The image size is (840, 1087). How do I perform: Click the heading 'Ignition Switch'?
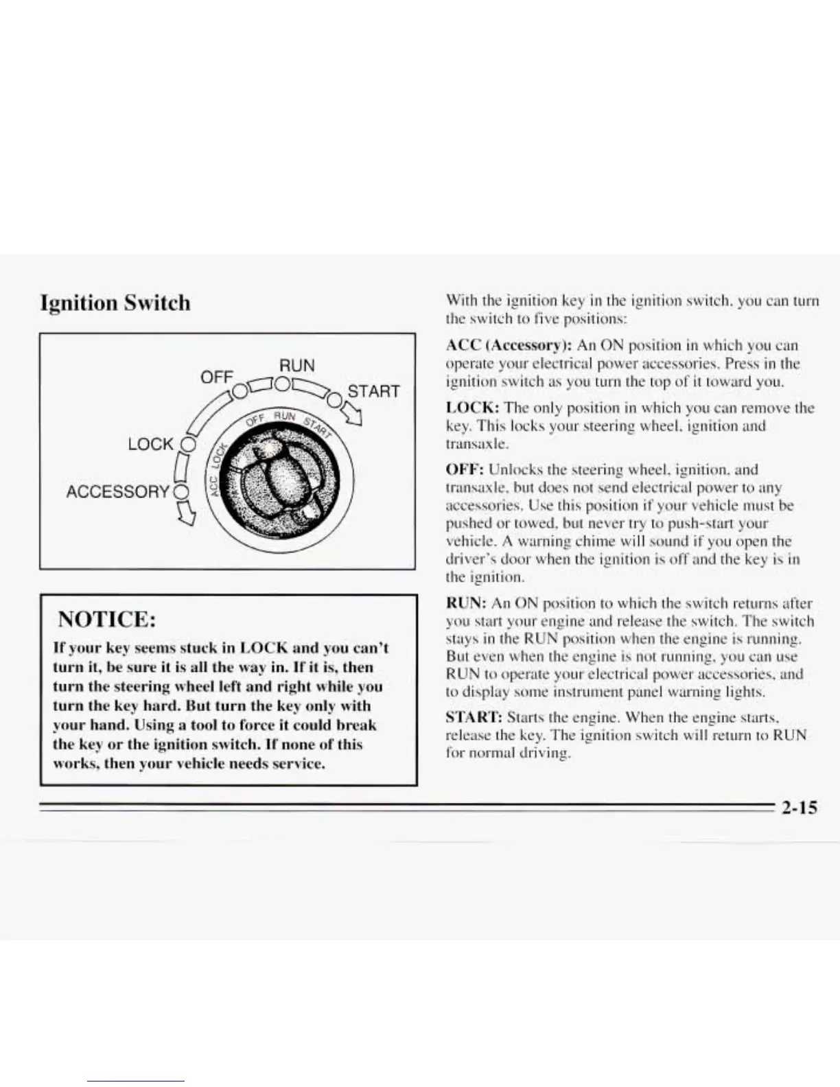tap(115, 303)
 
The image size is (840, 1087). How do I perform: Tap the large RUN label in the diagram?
tap(296, 365)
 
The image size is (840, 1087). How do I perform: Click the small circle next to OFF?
tap(238, 391)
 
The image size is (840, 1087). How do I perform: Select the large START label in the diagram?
tap(373, 391)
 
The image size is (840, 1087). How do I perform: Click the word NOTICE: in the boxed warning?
tap(106, 619)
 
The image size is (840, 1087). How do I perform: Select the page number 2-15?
tap(799, 808)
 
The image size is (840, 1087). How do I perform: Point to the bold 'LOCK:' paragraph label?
tap(472, 408)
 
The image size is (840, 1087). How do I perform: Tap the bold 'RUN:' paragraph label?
tap(467, 603)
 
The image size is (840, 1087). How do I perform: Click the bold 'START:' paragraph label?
tap(474, 718)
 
